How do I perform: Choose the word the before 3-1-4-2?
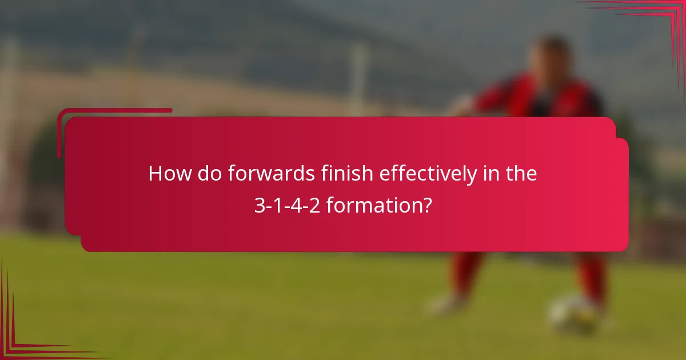point(520,174)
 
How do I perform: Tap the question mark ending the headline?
point(426,205)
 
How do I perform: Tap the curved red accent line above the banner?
point(114,110)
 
